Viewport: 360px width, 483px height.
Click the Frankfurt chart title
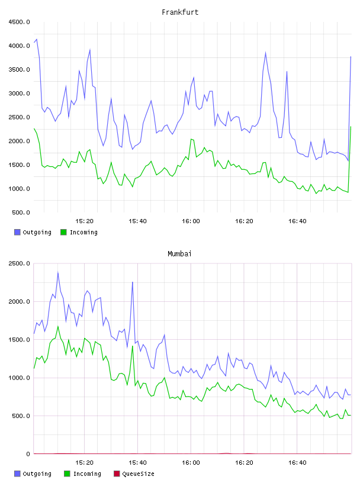coord(180,12)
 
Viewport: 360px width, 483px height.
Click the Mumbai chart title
coord(179,254)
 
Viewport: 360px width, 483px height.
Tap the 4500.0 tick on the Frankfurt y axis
coord(19,22)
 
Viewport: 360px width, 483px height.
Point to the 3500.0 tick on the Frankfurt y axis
coord(19,70)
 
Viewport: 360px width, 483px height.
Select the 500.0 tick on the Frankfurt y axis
coord(21,212)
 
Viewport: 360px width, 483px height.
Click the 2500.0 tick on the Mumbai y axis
coord(19,263)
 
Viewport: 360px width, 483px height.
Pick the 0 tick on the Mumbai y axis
coord(28,454)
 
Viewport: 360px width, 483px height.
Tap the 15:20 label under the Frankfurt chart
coord(84,221)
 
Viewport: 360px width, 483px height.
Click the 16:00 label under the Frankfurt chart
coord(191,221)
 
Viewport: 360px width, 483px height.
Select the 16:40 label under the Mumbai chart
coord(297,463)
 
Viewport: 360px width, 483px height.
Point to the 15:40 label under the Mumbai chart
coord(137,463)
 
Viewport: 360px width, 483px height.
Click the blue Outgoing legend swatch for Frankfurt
coord(17,232)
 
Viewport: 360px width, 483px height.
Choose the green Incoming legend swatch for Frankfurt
coord(63,232)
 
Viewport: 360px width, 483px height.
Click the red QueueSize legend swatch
coord(117,474)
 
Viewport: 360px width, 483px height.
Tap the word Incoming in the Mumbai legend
coord(87,474)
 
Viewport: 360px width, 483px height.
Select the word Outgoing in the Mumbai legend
coord(37,474)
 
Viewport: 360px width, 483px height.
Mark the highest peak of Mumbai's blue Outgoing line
coord(58,272)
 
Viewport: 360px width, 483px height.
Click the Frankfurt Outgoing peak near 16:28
coord(265,53)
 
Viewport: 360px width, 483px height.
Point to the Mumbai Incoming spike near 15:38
coord(133,346)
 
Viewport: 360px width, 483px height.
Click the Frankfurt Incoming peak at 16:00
coord(191,139)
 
